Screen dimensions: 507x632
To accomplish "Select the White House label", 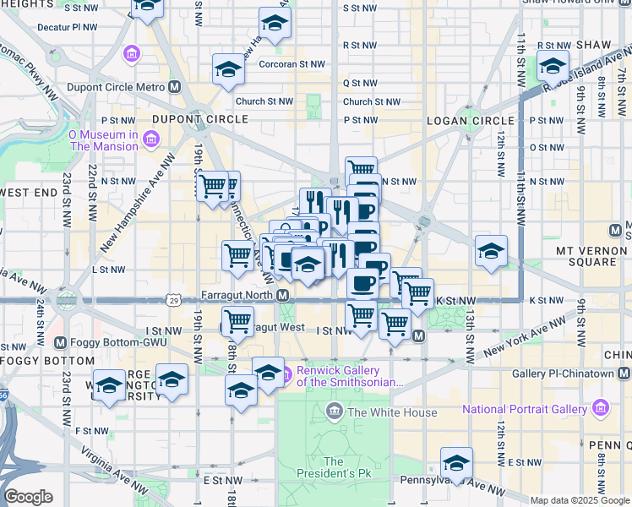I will (392, 412).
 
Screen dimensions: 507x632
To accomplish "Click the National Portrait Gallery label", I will (524, 409).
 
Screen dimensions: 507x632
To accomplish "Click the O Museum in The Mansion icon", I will (150, 139).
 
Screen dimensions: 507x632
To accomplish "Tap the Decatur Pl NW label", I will (68, 27).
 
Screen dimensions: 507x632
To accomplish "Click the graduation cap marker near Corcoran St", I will (228, 70).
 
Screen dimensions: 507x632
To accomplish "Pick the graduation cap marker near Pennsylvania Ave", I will (456, 463).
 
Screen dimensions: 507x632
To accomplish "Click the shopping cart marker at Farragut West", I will (238, 322).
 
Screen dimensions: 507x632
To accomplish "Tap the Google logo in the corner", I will (28, 497).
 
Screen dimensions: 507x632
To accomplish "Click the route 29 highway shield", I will (173, 299).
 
